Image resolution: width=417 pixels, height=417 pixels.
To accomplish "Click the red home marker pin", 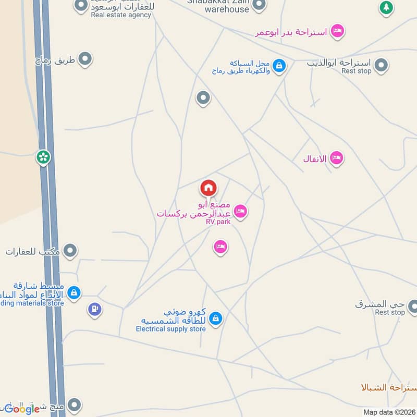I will click(208, 188).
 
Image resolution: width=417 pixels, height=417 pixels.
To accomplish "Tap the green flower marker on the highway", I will click(43, 156).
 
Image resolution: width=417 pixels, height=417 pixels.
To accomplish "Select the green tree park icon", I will click(386, 8).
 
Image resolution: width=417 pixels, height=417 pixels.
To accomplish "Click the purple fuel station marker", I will click(94, 309).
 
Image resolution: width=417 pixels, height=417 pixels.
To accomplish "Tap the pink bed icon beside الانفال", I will click(337, 158).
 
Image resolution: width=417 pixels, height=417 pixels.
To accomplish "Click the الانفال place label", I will click(315, 158).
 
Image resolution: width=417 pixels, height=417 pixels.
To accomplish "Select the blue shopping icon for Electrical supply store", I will click(216, 318).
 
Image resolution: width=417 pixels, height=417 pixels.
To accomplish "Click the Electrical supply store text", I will click(171, 329).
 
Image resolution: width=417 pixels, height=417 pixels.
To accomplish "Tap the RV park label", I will click(217, 222).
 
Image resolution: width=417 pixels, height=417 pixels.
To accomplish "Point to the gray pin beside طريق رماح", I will click(84, 59).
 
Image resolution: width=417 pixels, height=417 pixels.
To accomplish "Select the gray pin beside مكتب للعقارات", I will click(70, 251).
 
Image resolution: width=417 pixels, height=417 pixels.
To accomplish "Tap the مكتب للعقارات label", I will click(33, 252).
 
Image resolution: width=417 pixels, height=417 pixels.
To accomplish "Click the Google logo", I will click(22, 409).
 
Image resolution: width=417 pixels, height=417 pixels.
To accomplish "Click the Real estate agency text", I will click(121, 15).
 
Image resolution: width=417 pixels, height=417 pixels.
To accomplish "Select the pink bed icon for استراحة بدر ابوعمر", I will click(337, 31).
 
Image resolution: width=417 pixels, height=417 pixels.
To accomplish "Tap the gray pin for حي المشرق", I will click(412, 306).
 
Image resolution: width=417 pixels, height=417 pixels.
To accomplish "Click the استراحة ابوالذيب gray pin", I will click(382, 66).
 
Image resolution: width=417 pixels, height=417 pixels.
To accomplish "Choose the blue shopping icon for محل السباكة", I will click(279, 66).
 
